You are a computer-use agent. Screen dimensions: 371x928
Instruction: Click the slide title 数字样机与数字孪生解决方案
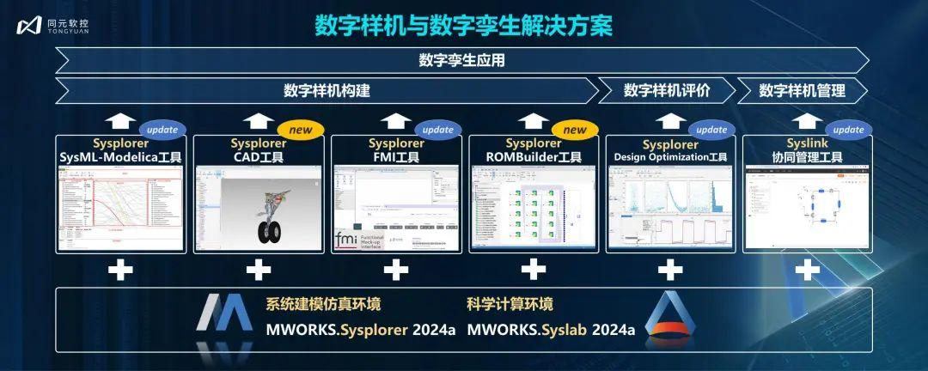click(463, 25)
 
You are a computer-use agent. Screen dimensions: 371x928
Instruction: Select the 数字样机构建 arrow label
click(327, 90)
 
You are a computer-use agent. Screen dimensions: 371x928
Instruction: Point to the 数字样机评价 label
click(667, 90)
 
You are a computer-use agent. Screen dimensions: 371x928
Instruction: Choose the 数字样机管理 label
click(802, 90)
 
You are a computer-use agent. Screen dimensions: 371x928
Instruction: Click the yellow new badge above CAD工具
click(300, 130)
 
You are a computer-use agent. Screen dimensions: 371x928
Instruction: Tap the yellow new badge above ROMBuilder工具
click(574, 130)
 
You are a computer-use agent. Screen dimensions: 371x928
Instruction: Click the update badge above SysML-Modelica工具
click(162, 130)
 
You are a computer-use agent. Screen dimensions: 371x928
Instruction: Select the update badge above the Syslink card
click(848, 130)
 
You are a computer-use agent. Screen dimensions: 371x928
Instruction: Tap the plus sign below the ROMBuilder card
click(533, 270)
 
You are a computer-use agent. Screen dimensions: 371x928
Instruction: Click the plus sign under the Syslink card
click(807, 270)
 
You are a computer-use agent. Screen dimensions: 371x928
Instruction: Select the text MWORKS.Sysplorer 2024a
click(360, 330)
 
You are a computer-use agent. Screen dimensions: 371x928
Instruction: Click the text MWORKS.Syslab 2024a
click(551, 330)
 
